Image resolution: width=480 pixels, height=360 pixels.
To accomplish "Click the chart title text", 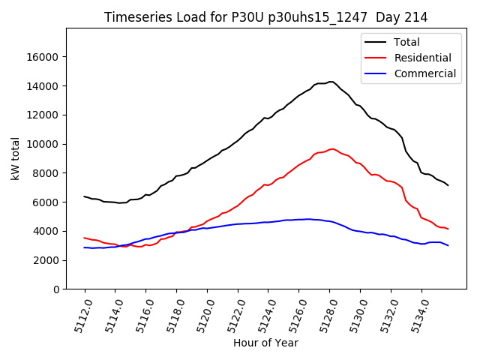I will point(266,17).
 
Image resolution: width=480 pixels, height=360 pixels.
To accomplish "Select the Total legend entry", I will point(407,42).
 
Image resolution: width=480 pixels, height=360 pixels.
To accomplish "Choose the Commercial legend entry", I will point(425,73).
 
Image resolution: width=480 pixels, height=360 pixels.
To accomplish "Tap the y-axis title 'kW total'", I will point(15,159).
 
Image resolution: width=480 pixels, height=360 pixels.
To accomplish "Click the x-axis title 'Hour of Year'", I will point(265,343).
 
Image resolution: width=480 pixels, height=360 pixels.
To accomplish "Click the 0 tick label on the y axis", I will point(56,289).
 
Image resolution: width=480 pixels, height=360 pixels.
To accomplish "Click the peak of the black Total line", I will point(331,82).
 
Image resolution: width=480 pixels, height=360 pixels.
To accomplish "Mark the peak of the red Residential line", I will point(332,148).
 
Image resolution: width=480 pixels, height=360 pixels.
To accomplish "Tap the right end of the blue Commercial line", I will point(448,245).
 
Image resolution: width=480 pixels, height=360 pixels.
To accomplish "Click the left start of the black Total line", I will point(84,196).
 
